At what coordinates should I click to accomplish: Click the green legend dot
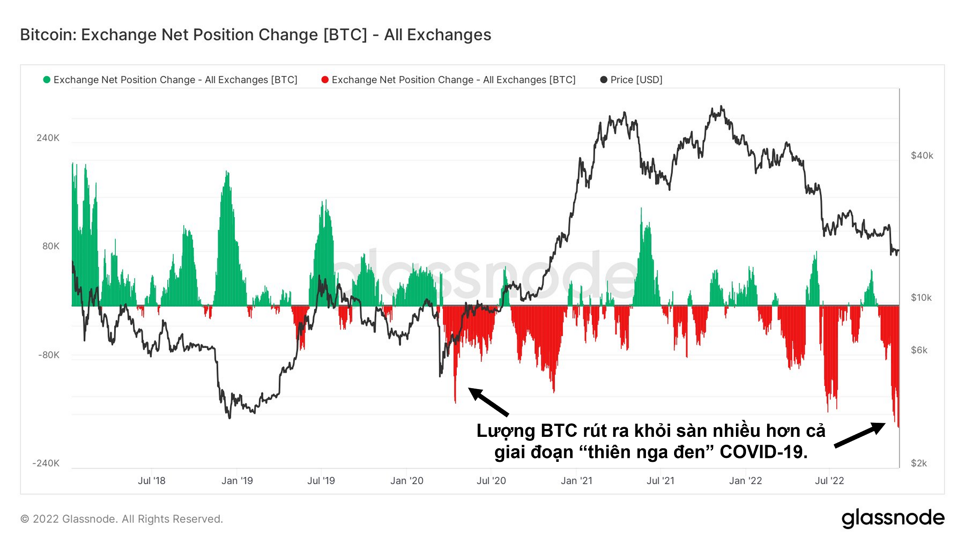47,80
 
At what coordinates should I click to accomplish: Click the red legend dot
325,80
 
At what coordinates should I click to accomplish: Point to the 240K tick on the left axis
48,138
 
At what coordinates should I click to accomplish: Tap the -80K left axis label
49,355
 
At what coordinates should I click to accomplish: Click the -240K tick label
46,463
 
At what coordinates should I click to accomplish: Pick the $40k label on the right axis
922,156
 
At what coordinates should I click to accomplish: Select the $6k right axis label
919,350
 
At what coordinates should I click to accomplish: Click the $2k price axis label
919,463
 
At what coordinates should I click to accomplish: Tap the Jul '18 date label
151,481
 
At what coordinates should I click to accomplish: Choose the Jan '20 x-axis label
407,481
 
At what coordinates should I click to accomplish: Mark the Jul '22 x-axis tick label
829,481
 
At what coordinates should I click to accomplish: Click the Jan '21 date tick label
576,481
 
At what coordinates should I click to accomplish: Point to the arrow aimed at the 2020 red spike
488,401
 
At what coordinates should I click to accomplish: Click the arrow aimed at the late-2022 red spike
859,435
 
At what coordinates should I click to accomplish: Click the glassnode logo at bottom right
893,518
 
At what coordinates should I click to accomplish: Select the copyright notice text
122,519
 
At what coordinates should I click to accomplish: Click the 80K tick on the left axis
50,246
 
